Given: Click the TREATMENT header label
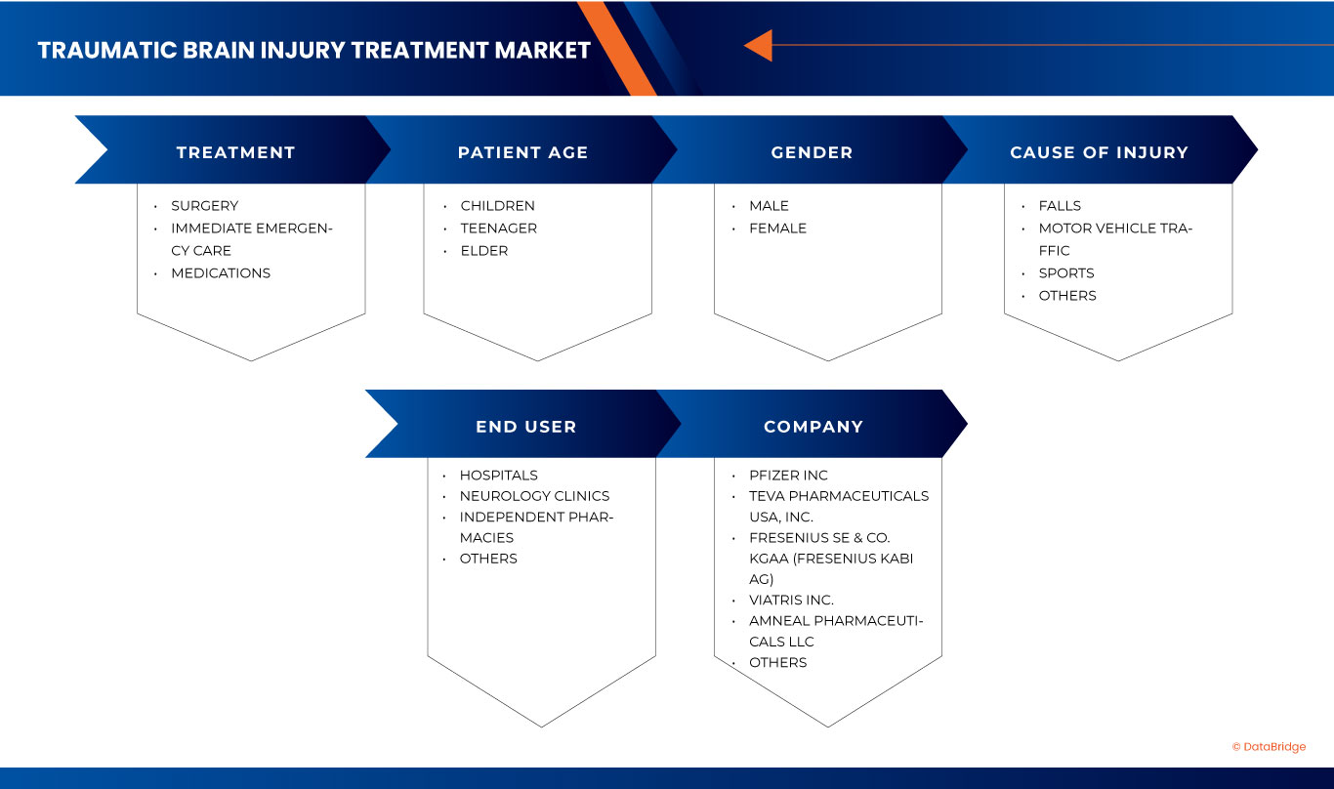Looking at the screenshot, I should coord(235,152).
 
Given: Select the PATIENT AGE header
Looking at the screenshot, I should coord(522,152).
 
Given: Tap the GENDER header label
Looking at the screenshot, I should coord(812,152).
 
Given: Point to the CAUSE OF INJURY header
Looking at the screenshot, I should coord(1099,152).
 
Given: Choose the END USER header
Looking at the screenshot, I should coord(525,427).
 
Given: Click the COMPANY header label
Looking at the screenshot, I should coord(813,427).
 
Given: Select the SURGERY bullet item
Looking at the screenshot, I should coord(204,206).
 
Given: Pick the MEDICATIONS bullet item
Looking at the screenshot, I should coord(221,273).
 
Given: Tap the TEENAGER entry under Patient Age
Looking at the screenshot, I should coord(498,228).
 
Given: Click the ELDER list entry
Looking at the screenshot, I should coord(484,251).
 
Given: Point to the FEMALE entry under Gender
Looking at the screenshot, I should coord(777,228).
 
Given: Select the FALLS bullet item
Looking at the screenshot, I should coord(1060,206).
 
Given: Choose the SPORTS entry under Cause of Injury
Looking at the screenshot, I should coord(1065,273).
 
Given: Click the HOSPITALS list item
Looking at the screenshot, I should coord(498,476).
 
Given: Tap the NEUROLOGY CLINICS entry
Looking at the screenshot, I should coord(534,496).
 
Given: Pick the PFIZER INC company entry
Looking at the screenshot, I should coord(788,476).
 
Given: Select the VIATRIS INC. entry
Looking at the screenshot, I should coord(791,601).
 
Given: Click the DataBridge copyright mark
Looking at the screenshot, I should coord(1269,747).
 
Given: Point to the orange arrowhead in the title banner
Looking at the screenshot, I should coord(759,45).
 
